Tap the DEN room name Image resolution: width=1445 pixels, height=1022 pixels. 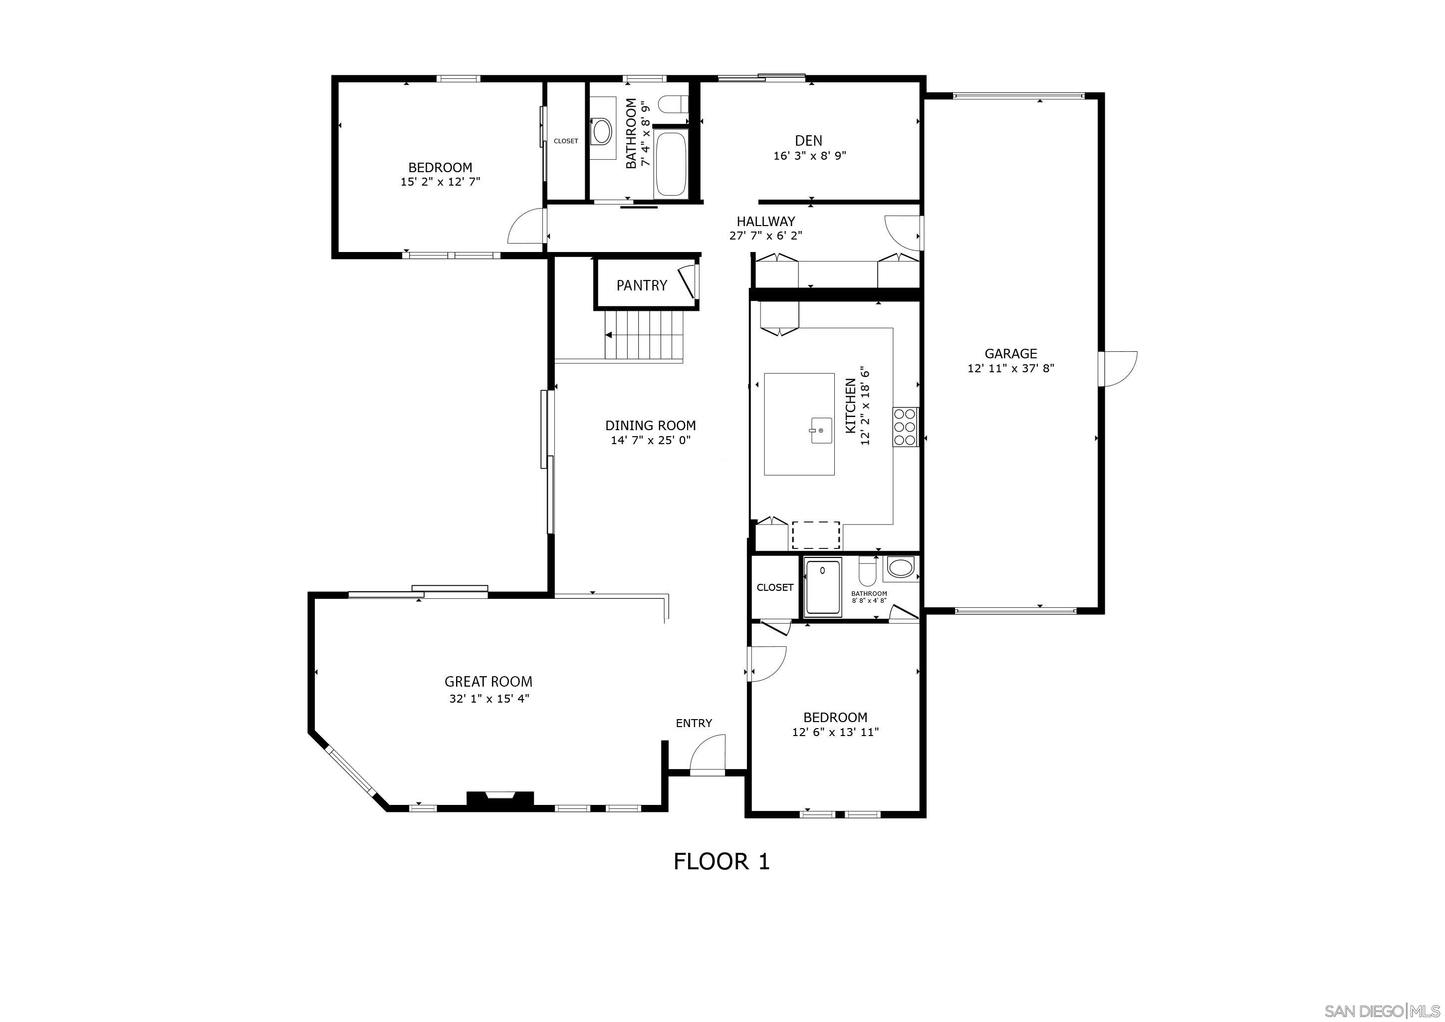(x=808, y=141)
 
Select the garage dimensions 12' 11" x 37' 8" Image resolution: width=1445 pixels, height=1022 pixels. (x=1010, y=369)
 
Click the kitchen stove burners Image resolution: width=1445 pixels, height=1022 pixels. (x=905, y=427)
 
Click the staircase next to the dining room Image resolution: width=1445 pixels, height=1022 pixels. (x=643, y=335)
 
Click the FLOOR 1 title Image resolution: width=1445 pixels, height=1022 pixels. (x=721, y=861)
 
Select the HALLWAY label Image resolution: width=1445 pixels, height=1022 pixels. (x=765, y=222)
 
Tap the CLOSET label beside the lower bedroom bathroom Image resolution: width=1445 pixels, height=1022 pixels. (x=775, y=587)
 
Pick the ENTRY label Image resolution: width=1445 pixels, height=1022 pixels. (x=694, y=723)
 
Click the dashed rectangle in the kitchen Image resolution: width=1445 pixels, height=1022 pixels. (x=816, y=535)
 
